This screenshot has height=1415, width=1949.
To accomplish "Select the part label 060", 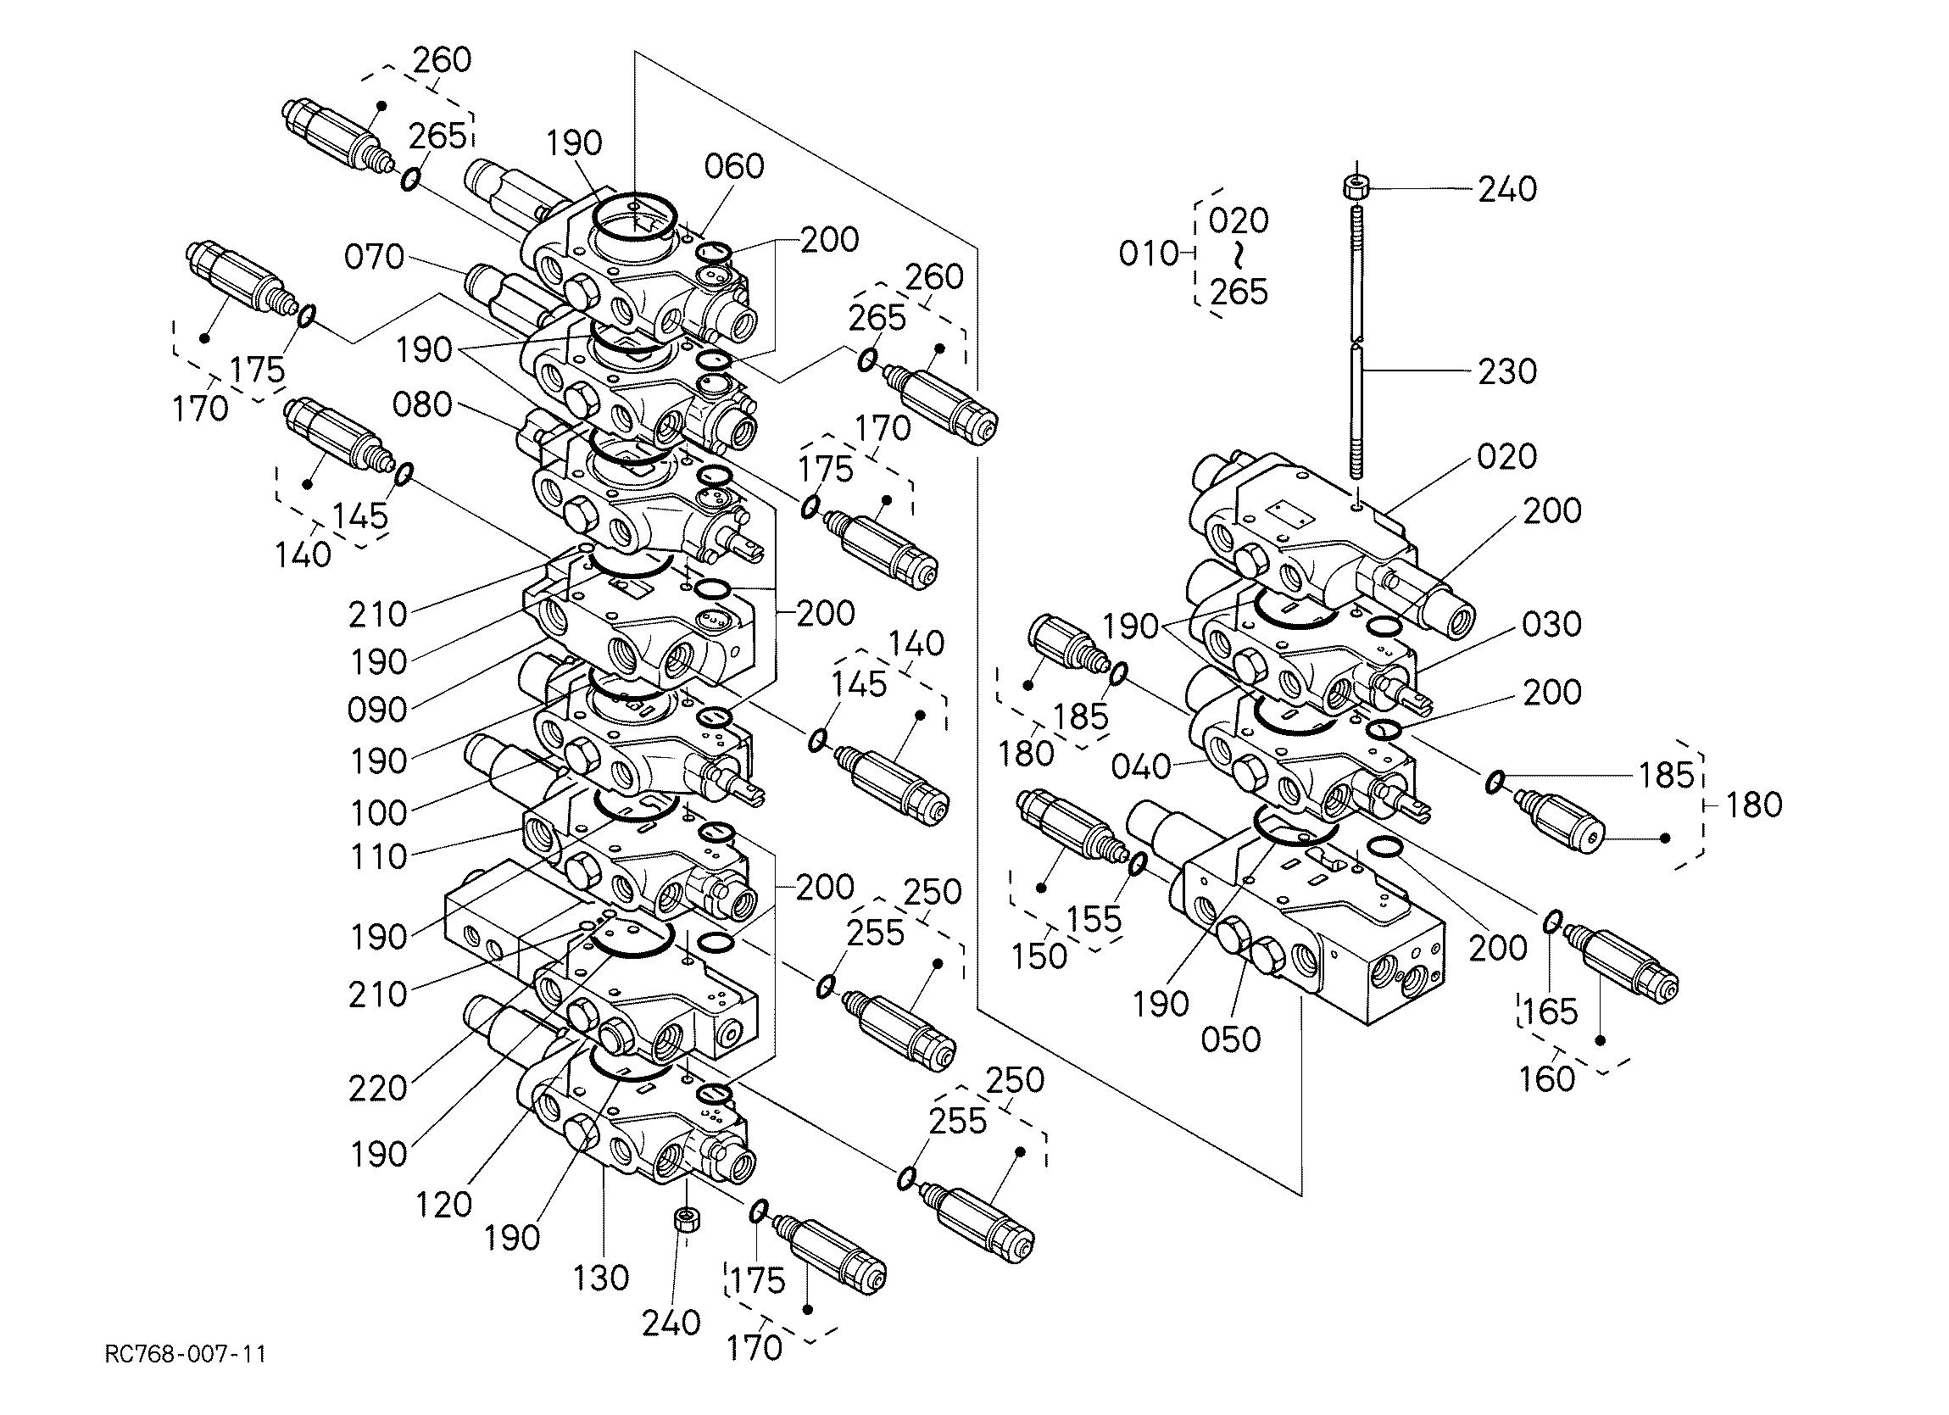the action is coord(734,166).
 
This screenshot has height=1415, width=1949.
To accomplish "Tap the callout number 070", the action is coord(374,256).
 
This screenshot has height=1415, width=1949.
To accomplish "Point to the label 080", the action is coord(422,404).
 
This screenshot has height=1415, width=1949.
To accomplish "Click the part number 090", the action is coord(377,710).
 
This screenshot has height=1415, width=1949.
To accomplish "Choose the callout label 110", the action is coord(378,856).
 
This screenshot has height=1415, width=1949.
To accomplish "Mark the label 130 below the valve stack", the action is coord(602,1278).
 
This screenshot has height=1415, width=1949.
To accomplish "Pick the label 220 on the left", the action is coord(377,1089).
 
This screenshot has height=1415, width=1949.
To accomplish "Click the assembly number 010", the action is coord(1148,253).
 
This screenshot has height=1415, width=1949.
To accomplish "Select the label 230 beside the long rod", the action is coord(1507,371).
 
